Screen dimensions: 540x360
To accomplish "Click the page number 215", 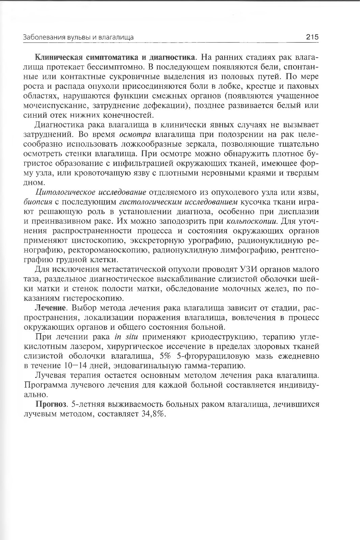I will [312, 37].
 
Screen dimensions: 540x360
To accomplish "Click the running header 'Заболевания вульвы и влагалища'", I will [78, 37].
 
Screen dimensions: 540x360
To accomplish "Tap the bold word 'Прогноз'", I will [51, 404].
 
